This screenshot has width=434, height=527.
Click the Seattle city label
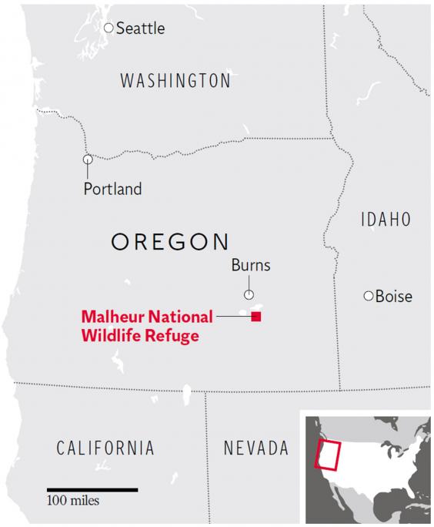pos(140,29)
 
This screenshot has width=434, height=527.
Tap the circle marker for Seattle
pos(108,28)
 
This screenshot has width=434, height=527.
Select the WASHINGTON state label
pos(175,81)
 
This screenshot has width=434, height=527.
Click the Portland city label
pos(112,189)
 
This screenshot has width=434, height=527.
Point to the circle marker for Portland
pos(88,159)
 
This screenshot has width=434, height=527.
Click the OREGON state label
pos(170,241)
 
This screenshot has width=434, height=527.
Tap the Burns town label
pos(251,267)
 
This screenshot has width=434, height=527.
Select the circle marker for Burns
pos(249,294)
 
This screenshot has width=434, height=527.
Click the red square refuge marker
pos(256,317)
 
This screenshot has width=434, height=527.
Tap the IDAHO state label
pos(385,220)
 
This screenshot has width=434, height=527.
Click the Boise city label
pos(393,297)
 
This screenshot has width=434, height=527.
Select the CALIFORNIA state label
pos(106,448)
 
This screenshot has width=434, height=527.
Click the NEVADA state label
pos(255,448)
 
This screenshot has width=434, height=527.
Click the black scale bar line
pos(92,489)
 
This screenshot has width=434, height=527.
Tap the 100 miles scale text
pos(73,502)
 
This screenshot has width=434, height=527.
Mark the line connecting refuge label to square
pos(233,317)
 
